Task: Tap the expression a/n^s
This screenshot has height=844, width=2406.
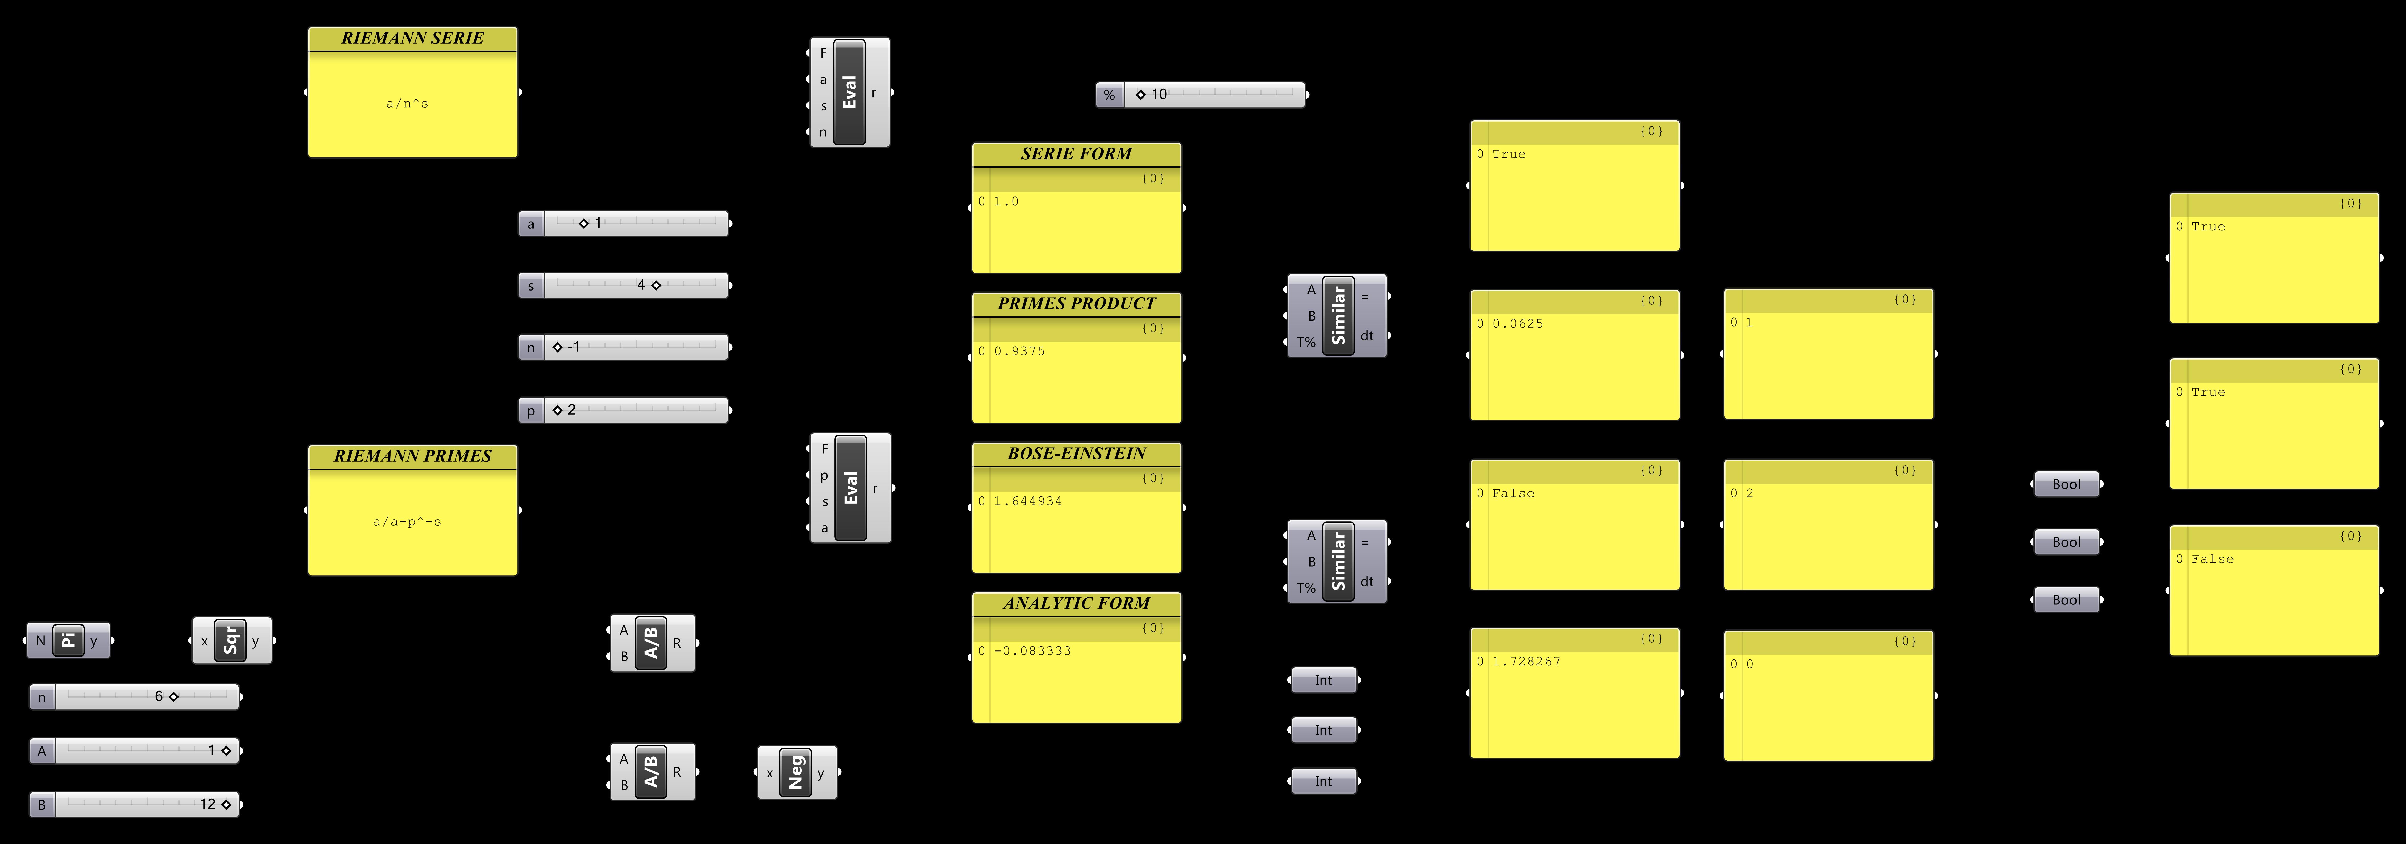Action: click(x=407, y=104)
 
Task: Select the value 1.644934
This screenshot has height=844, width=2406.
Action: click(x=1027, y=501)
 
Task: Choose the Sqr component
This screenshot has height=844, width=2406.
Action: click(x=231, y=640)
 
